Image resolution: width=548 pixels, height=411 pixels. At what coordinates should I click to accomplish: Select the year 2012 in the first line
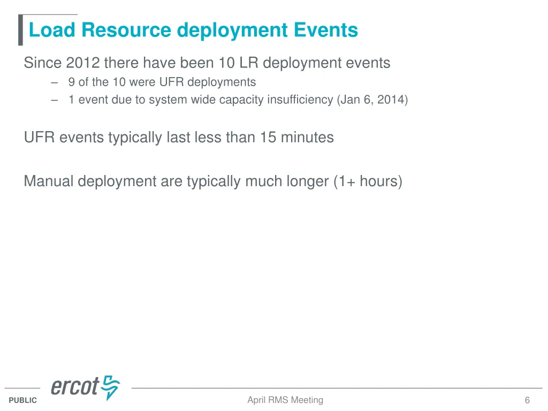click(83, 63)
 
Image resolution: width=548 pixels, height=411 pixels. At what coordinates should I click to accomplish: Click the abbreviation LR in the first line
click(249, 63)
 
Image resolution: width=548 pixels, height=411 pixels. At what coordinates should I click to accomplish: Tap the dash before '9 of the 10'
click(55, 82)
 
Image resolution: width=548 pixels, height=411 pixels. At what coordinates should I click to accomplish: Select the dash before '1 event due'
click(55, 100)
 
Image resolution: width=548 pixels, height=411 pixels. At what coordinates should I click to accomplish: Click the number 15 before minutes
click(269, 138)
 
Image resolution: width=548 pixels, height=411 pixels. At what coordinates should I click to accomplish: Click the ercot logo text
click(75, 386)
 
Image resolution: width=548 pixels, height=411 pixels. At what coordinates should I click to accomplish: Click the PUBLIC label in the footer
click(23, 400)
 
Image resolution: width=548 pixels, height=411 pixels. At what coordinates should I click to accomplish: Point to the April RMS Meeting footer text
click(285, 400)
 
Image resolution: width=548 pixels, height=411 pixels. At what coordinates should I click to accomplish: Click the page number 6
click(527, 400)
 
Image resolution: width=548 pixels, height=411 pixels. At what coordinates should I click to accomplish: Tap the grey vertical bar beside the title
click(20, 31)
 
